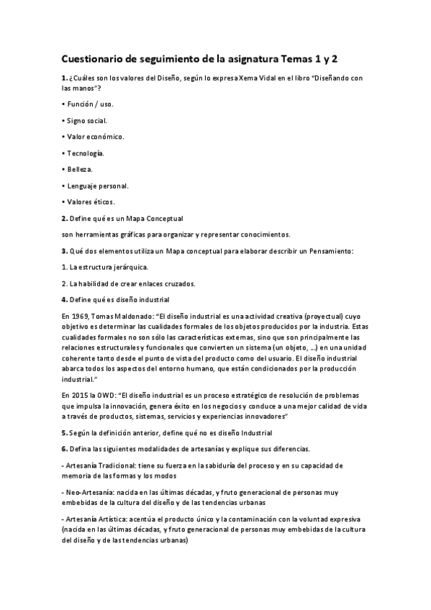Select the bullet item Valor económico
[94, 136]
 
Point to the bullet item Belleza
[79, 169]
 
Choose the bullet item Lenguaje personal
[97, 186]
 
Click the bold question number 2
[64, 218]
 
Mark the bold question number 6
[64, 448]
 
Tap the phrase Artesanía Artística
[101, 518]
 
